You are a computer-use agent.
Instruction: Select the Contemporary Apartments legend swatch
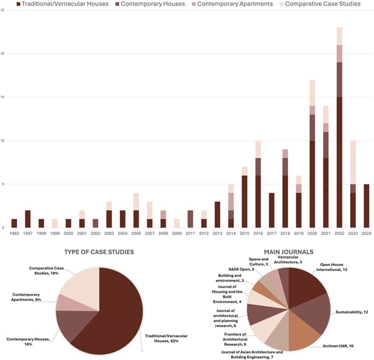(194, 5)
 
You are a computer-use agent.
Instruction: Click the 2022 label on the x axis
(339, 233)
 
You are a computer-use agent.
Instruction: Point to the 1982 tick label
(14, 233)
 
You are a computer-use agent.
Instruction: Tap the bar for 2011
(190, 219)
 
